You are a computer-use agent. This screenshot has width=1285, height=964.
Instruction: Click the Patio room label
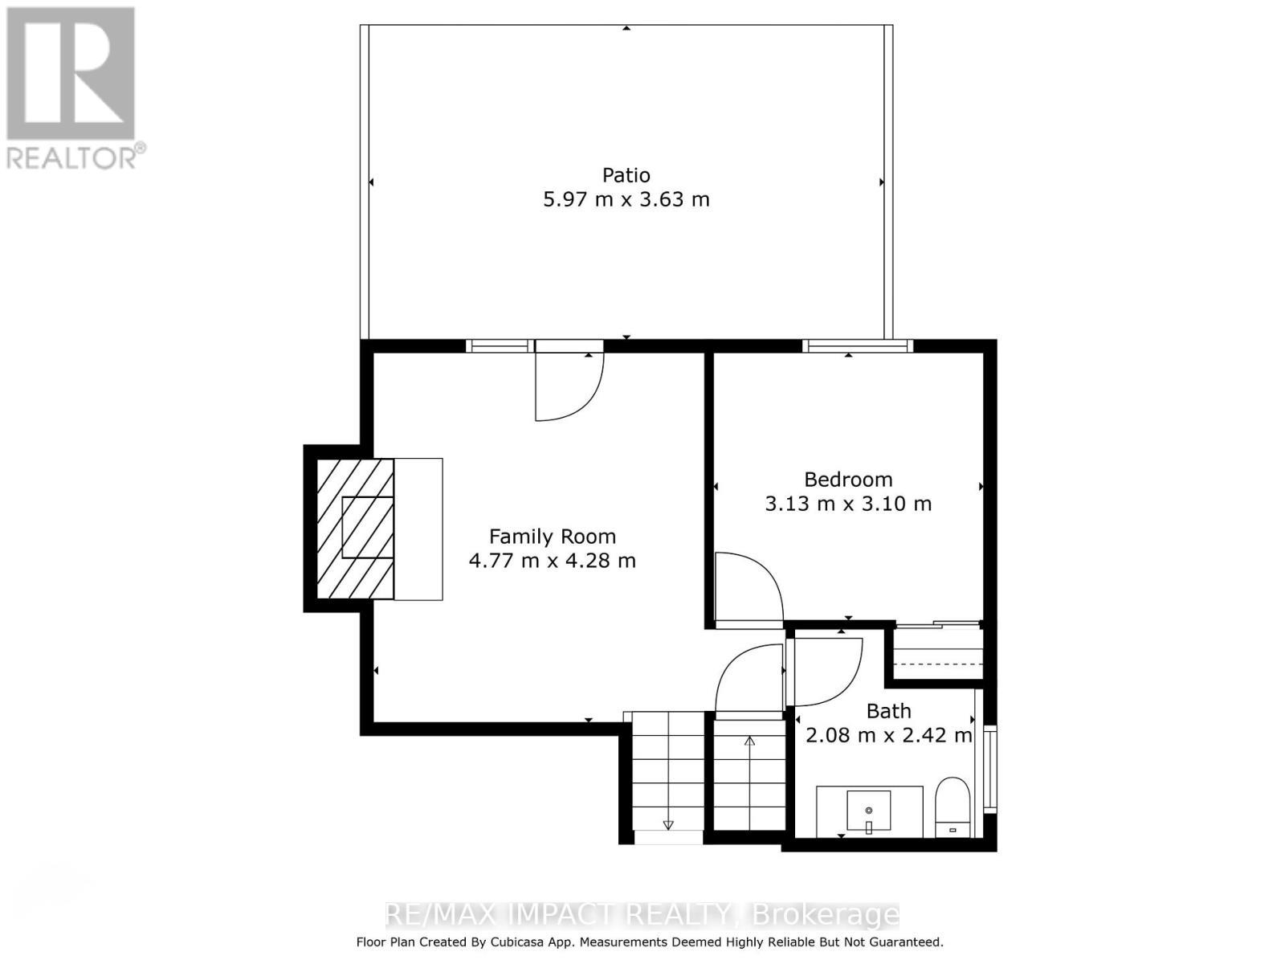pyautogui.click(x=626, y=175)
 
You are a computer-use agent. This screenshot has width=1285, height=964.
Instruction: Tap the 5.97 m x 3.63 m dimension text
pyautogui.click(x=626, y=199)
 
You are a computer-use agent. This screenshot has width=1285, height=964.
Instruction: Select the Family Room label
pyautogui.click(x=553, y=537)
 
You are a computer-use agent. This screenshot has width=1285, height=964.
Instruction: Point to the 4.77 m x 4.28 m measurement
pyautogui.click(x=553, y=561)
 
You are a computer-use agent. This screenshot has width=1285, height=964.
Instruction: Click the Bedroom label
pyautogui.click(x=848, y=480)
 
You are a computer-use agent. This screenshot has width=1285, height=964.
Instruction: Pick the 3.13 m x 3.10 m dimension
pyautogui.click(x=848, y=504)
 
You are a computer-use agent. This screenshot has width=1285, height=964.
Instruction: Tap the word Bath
pyautogui.click(x=888, y=711)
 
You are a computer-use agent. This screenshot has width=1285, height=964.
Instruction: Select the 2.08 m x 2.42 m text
pyautogui.click(x=888, y=735)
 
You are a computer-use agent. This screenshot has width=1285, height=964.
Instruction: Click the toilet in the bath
pyautogui.click(x=953, y=806)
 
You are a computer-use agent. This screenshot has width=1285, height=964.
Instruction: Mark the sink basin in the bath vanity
pyautogui.click(x=869, y=810)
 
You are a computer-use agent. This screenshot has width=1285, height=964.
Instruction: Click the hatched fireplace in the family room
pyautogui.click(x=355, y=529)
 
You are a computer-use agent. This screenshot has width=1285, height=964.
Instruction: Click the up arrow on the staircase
pyautogui.click(x=749, y=741)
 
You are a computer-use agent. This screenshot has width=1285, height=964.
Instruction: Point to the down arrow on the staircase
pyautogui.click(x=668, y=824)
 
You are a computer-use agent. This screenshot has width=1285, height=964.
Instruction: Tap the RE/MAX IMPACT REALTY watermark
pyautogui.click(x=642, y=914)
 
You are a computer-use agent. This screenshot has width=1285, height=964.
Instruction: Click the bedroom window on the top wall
pyautogui.click(x=858, y=346)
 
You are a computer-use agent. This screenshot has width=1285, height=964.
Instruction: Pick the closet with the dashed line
pyautogui.click(x=938, y=654)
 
